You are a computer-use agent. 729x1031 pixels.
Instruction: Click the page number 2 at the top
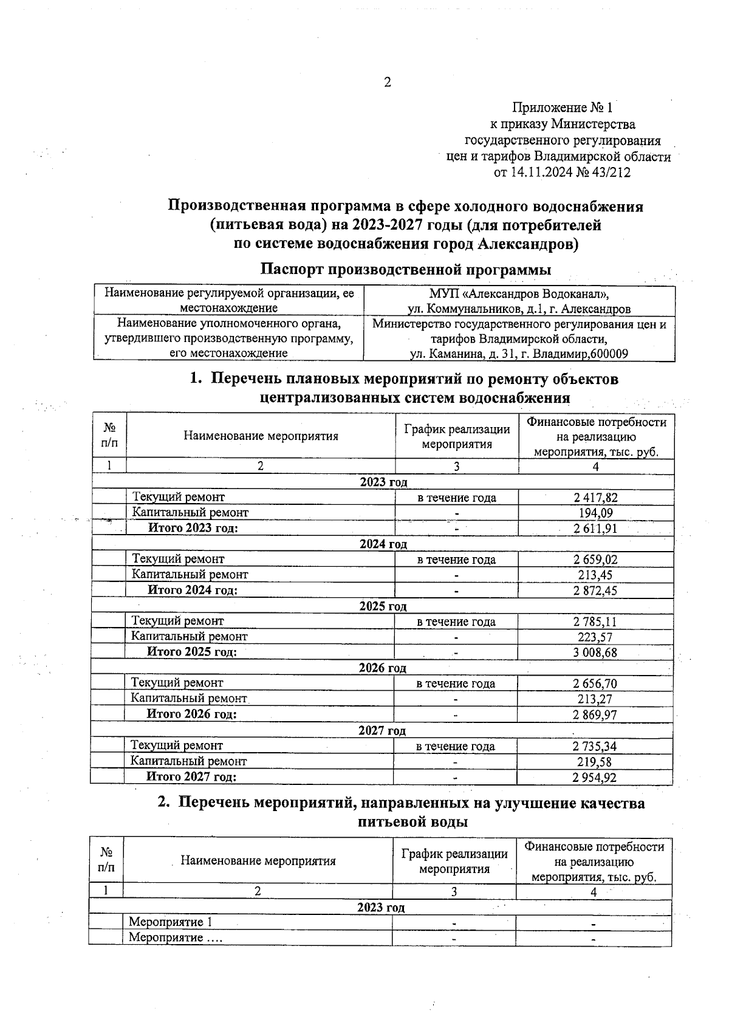click(x=387, y=83)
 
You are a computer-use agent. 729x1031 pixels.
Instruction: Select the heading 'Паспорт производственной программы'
click(x=406, y=269)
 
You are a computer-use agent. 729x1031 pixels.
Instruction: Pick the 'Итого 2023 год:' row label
click(x=193, y=528)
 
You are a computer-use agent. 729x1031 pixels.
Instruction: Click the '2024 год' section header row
click(x=383, y=544)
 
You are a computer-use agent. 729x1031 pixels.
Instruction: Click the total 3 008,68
click(x=595, y=653)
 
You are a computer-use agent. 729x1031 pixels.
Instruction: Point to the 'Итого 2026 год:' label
click(x=191, y=714)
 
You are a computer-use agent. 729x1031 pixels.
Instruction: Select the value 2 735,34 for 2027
click(x=595, y=746)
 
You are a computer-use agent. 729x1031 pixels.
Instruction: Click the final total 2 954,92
click(x=595, y=777)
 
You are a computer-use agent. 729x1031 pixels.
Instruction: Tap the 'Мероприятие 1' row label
click(x=170, y=922)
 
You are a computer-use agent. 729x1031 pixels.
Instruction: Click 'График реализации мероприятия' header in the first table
click(x=457, y=436)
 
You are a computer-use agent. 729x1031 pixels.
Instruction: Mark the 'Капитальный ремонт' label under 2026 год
click(x=189, y=699)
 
